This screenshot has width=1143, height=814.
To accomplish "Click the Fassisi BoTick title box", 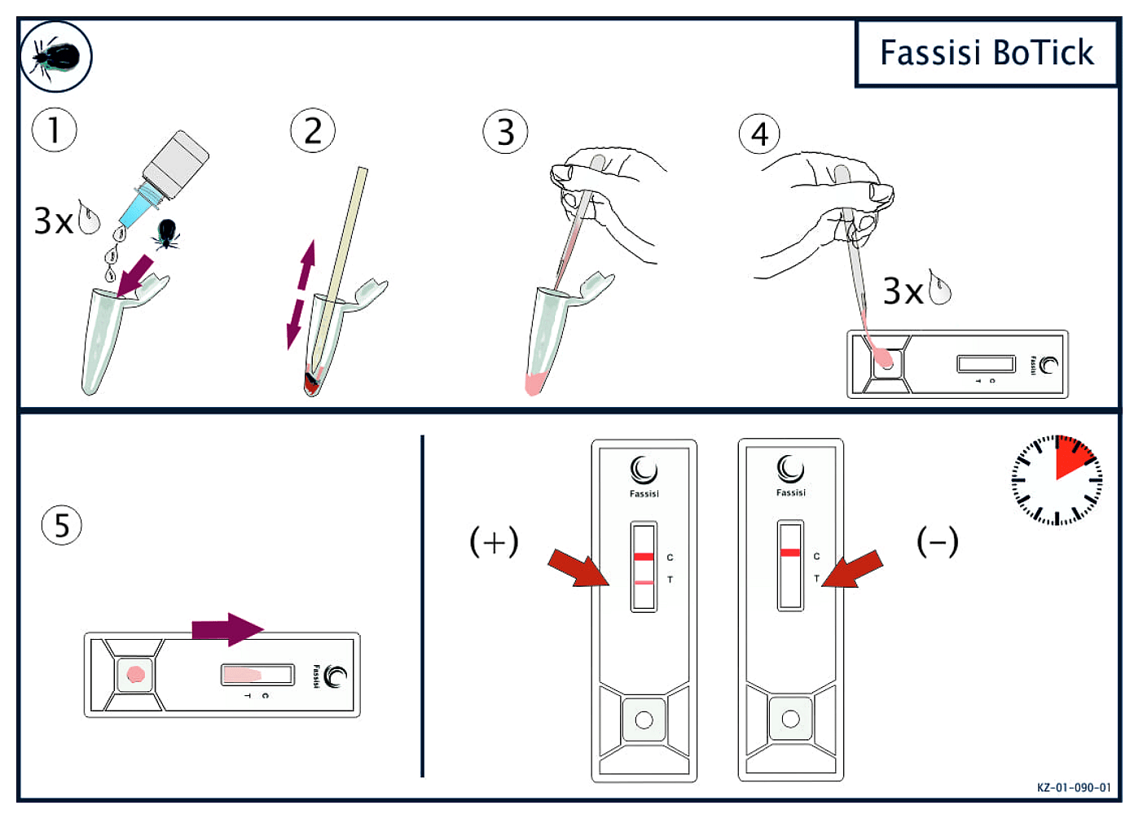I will (986, 53).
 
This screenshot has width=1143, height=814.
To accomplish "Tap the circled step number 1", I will (55, 130).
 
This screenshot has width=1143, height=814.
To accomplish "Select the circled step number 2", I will (313, 130).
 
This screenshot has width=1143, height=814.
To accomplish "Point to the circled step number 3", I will (505, 132).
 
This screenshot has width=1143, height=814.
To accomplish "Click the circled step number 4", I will (759, 133).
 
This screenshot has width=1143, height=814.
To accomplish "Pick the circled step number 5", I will (62, 525).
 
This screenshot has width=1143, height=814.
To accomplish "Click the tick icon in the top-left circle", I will (56, 56).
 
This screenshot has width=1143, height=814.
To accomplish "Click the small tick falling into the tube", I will (167, 234).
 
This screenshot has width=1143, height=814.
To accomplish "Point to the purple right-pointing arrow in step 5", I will (227, 629).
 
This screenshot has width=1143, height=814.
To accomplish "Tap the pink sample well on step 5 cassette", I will (135, 674).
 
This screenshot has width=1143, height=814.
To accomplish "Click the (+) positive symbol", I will (494, 541).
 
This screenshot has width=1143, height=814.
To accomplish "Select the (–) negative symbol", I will (937, 541).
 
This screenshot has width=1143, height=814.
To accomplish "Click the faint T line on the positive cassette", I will (644, 582).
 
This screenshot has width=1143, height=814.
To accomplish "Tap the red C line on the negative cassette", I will (789, 553).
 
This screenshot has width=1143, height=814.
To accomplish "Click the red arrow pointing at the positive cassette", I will (578, 567).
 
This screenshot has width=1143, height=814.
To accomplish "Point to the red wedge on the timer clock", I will (1073, 458).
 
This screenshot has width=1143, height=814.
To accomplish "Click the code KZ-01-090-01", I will (1073, 787).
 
